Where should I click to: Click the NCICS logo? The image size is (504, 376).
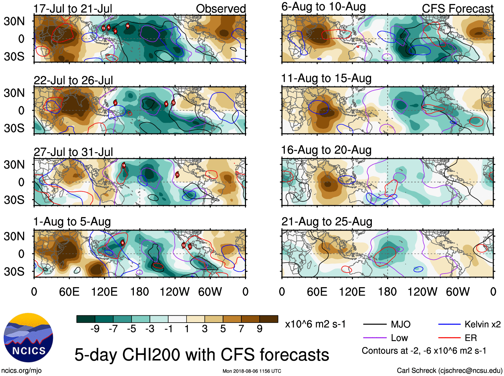28,337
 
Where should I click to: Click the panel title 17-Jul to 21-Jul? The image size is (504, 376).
73,9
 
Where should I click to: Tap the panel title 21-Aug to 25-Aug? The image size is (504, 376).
326,222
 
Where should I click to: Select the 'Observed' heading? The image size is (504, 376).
221,9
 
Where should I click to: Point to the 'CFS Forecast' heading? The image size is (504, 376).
457,9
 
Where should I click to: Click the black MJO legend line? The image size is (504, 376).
374,324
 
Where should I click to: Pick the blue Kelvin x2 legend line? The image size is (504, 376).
449,324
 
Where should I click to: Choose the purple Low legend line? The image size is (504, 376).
374,338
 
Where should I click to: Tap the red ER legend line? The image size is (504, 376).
449,338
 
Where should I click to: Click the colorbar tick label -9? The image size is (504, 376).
95,329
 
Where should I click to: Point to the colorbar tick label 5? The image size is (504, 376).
223,329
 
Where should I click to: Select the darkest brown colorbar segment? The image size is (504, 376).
269,319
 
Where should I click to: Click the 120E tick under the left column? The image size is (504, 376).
104,292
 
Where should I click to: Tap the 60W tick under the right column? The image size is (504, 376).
458,292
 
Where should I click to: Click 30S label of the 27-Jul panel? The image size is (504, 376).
14,200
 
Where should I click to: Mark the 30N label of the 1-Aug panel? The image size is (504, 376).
14,236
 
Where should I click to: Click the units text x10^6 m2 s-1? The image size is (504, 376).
315,324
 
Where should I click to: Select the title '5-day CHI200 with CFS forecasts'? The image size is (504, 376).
202,355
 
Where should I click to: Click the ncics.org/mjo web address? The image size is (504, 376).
21,370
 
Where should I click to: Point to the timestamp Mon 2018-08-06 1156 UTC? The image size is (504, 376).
252,371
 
